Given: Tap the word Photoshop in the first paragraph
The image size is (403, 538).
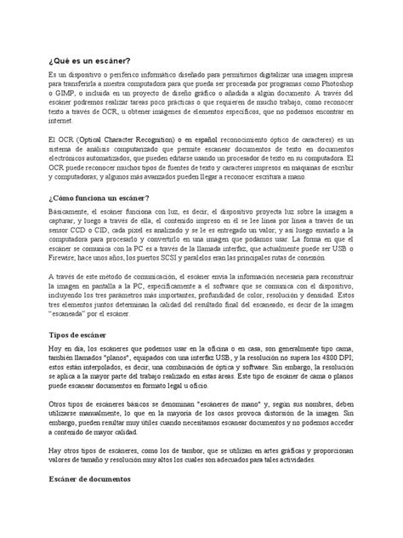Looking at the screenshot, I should tap(335, 87).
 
